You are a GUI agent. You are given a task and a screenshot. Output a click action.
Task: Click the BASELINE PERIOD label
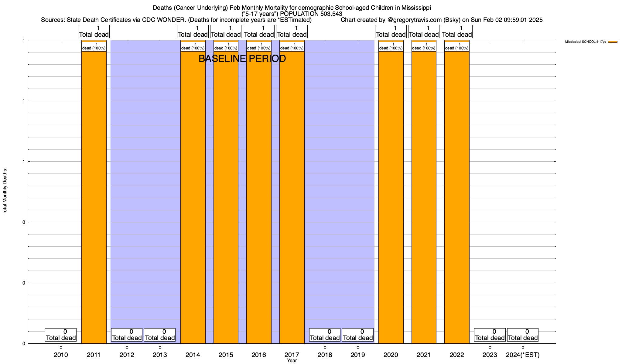[242, 59]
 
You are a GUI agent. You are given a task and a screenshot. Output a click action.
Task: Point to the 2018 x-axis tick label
[325, 355]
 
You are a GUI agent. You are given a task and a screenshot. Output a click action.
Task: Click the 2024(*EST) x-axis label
[523, 355]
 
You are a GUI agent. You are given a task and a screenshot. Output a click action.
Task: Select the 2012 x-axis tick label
[127, 355]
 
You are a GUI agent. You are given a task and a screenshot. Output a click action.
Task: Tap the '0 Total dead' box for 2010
[61, 335]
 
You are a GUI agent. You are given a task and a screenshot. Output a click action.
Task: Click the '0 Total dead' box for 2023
[490, 335]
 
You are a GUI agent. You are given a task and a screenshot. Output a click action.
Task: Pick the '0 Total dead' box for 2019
[358, 335]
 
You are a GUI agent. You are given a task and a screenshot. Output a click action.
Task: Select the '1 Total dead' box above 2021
[424, 32]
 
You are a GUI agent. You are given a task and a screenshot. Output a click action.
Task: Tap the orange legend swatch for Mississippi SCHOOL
[613, 42]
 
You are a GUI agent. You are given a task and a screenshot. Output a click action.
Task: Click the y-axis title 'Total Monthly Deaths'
[5, 191]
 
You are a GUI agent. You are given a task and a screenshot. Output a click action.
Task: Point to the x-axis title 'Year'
[292, 361]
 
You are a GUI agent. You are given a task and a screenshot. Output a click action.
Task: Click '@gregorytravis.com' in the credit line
[415, 20]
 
